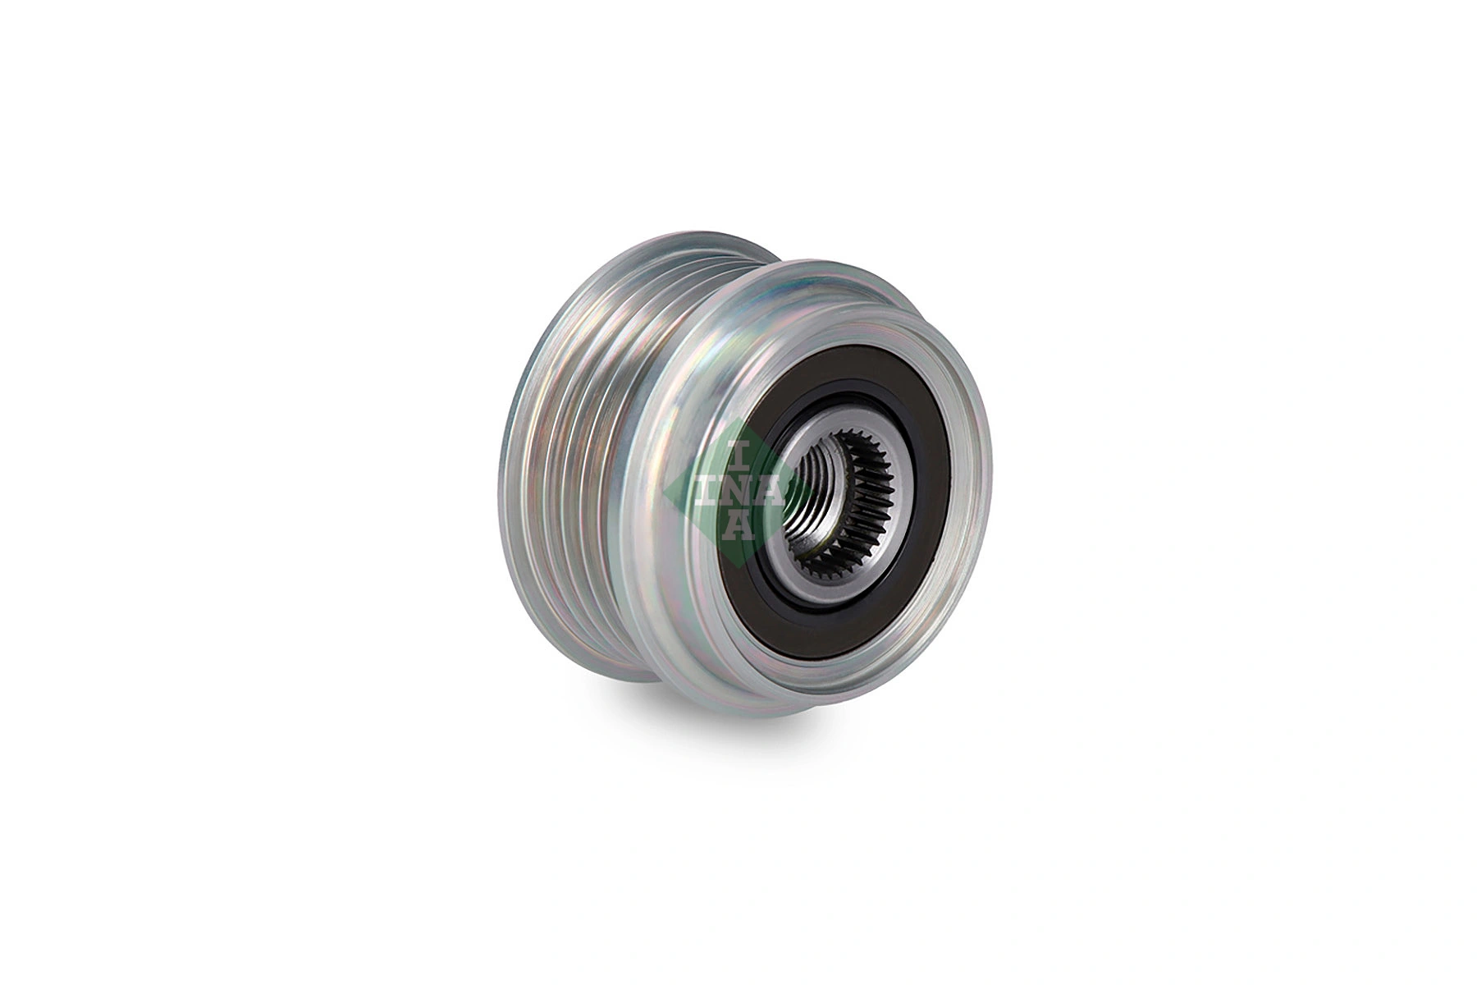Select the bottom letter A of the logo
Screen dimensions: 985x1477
[x=738, y=525]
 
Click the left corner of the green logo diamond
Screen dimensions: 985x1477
[x=663, y=491]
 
